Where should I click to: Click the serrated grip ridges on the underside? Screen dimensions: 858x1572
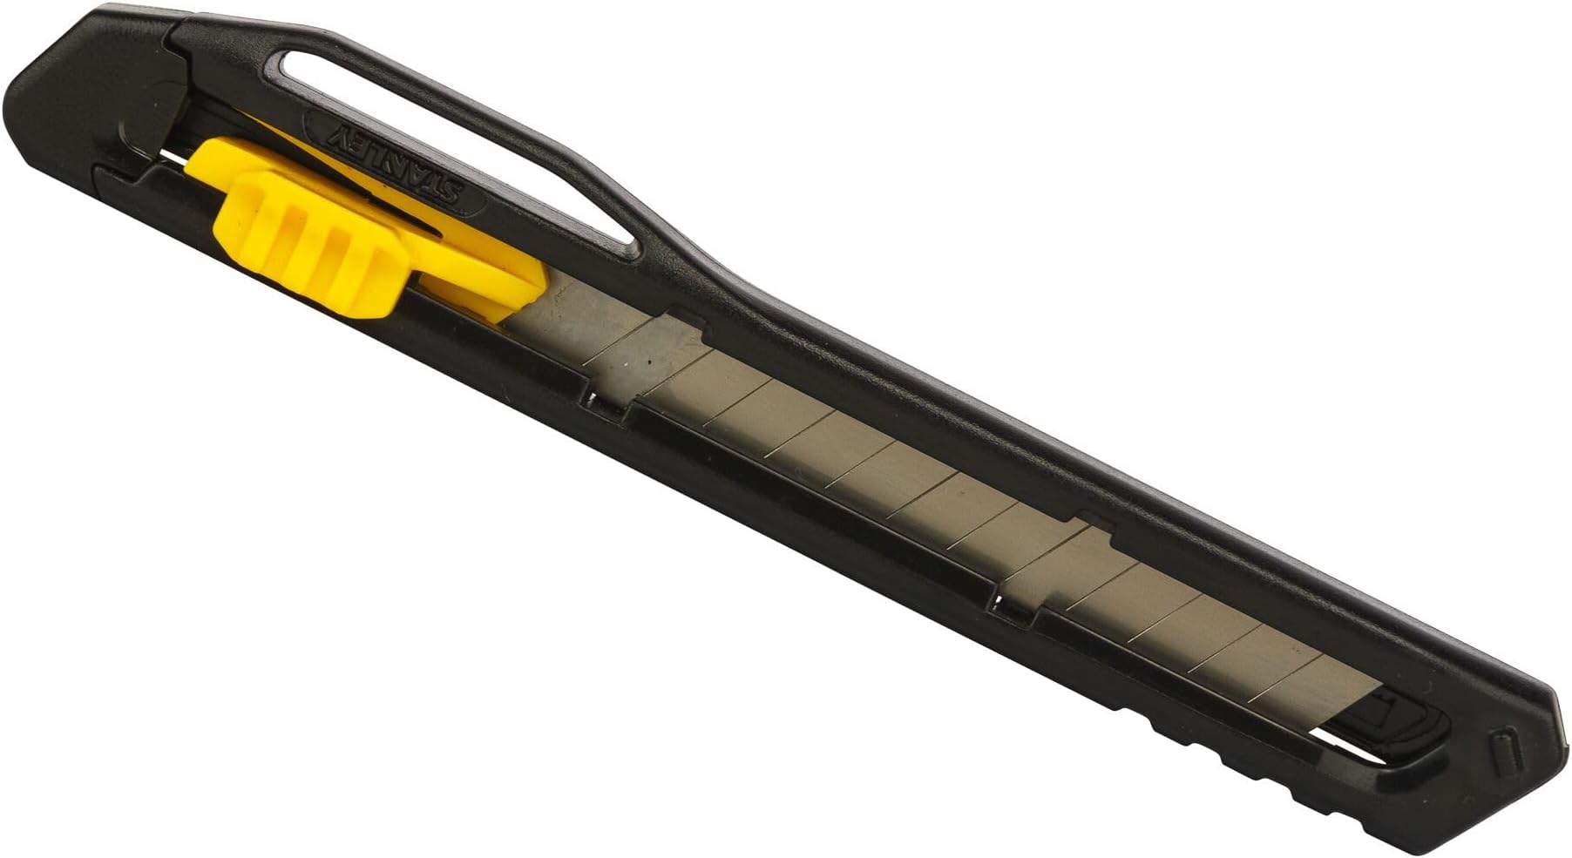tap(1220, 740)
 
